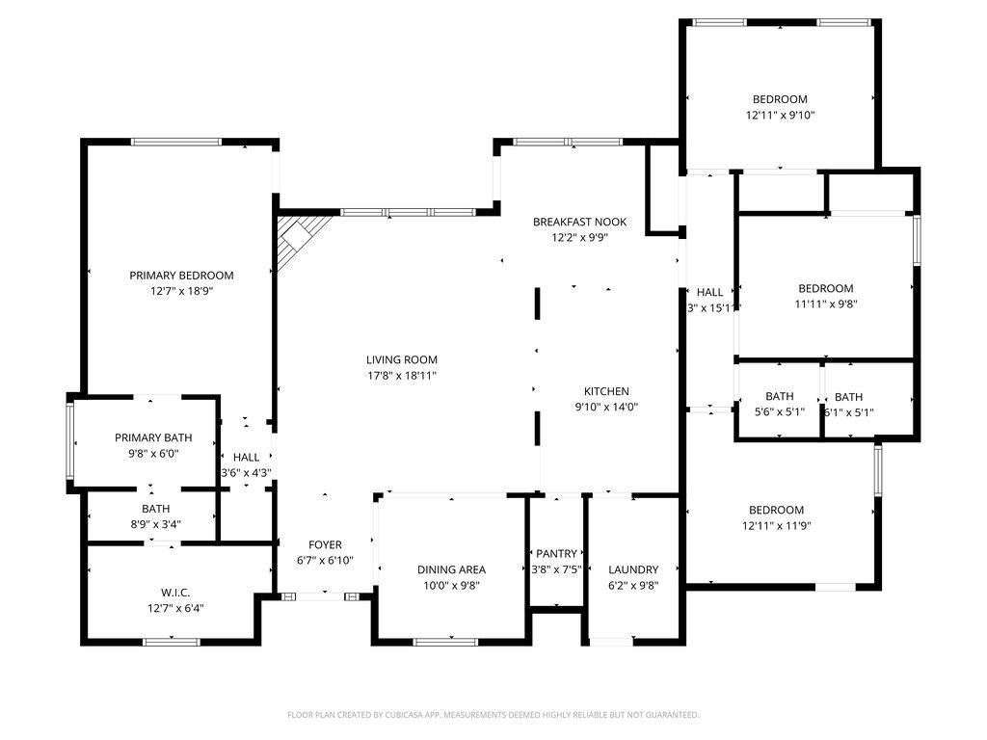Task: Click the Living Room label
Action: [402, 359]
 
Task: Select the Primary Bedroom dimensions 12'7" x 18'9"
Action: [181, 291]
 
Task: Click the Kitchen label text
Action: [606, 391]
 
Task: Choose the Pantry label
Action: [556, 553]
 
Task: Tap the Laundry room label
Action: [633, 569]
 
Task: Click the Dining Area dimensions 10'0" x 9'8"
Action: [451, 585]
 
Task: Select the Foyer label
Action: [325, 544]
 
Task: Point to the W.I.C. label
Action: [174, 593]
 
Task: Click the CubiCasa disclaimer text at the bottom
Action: [493, 715]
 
